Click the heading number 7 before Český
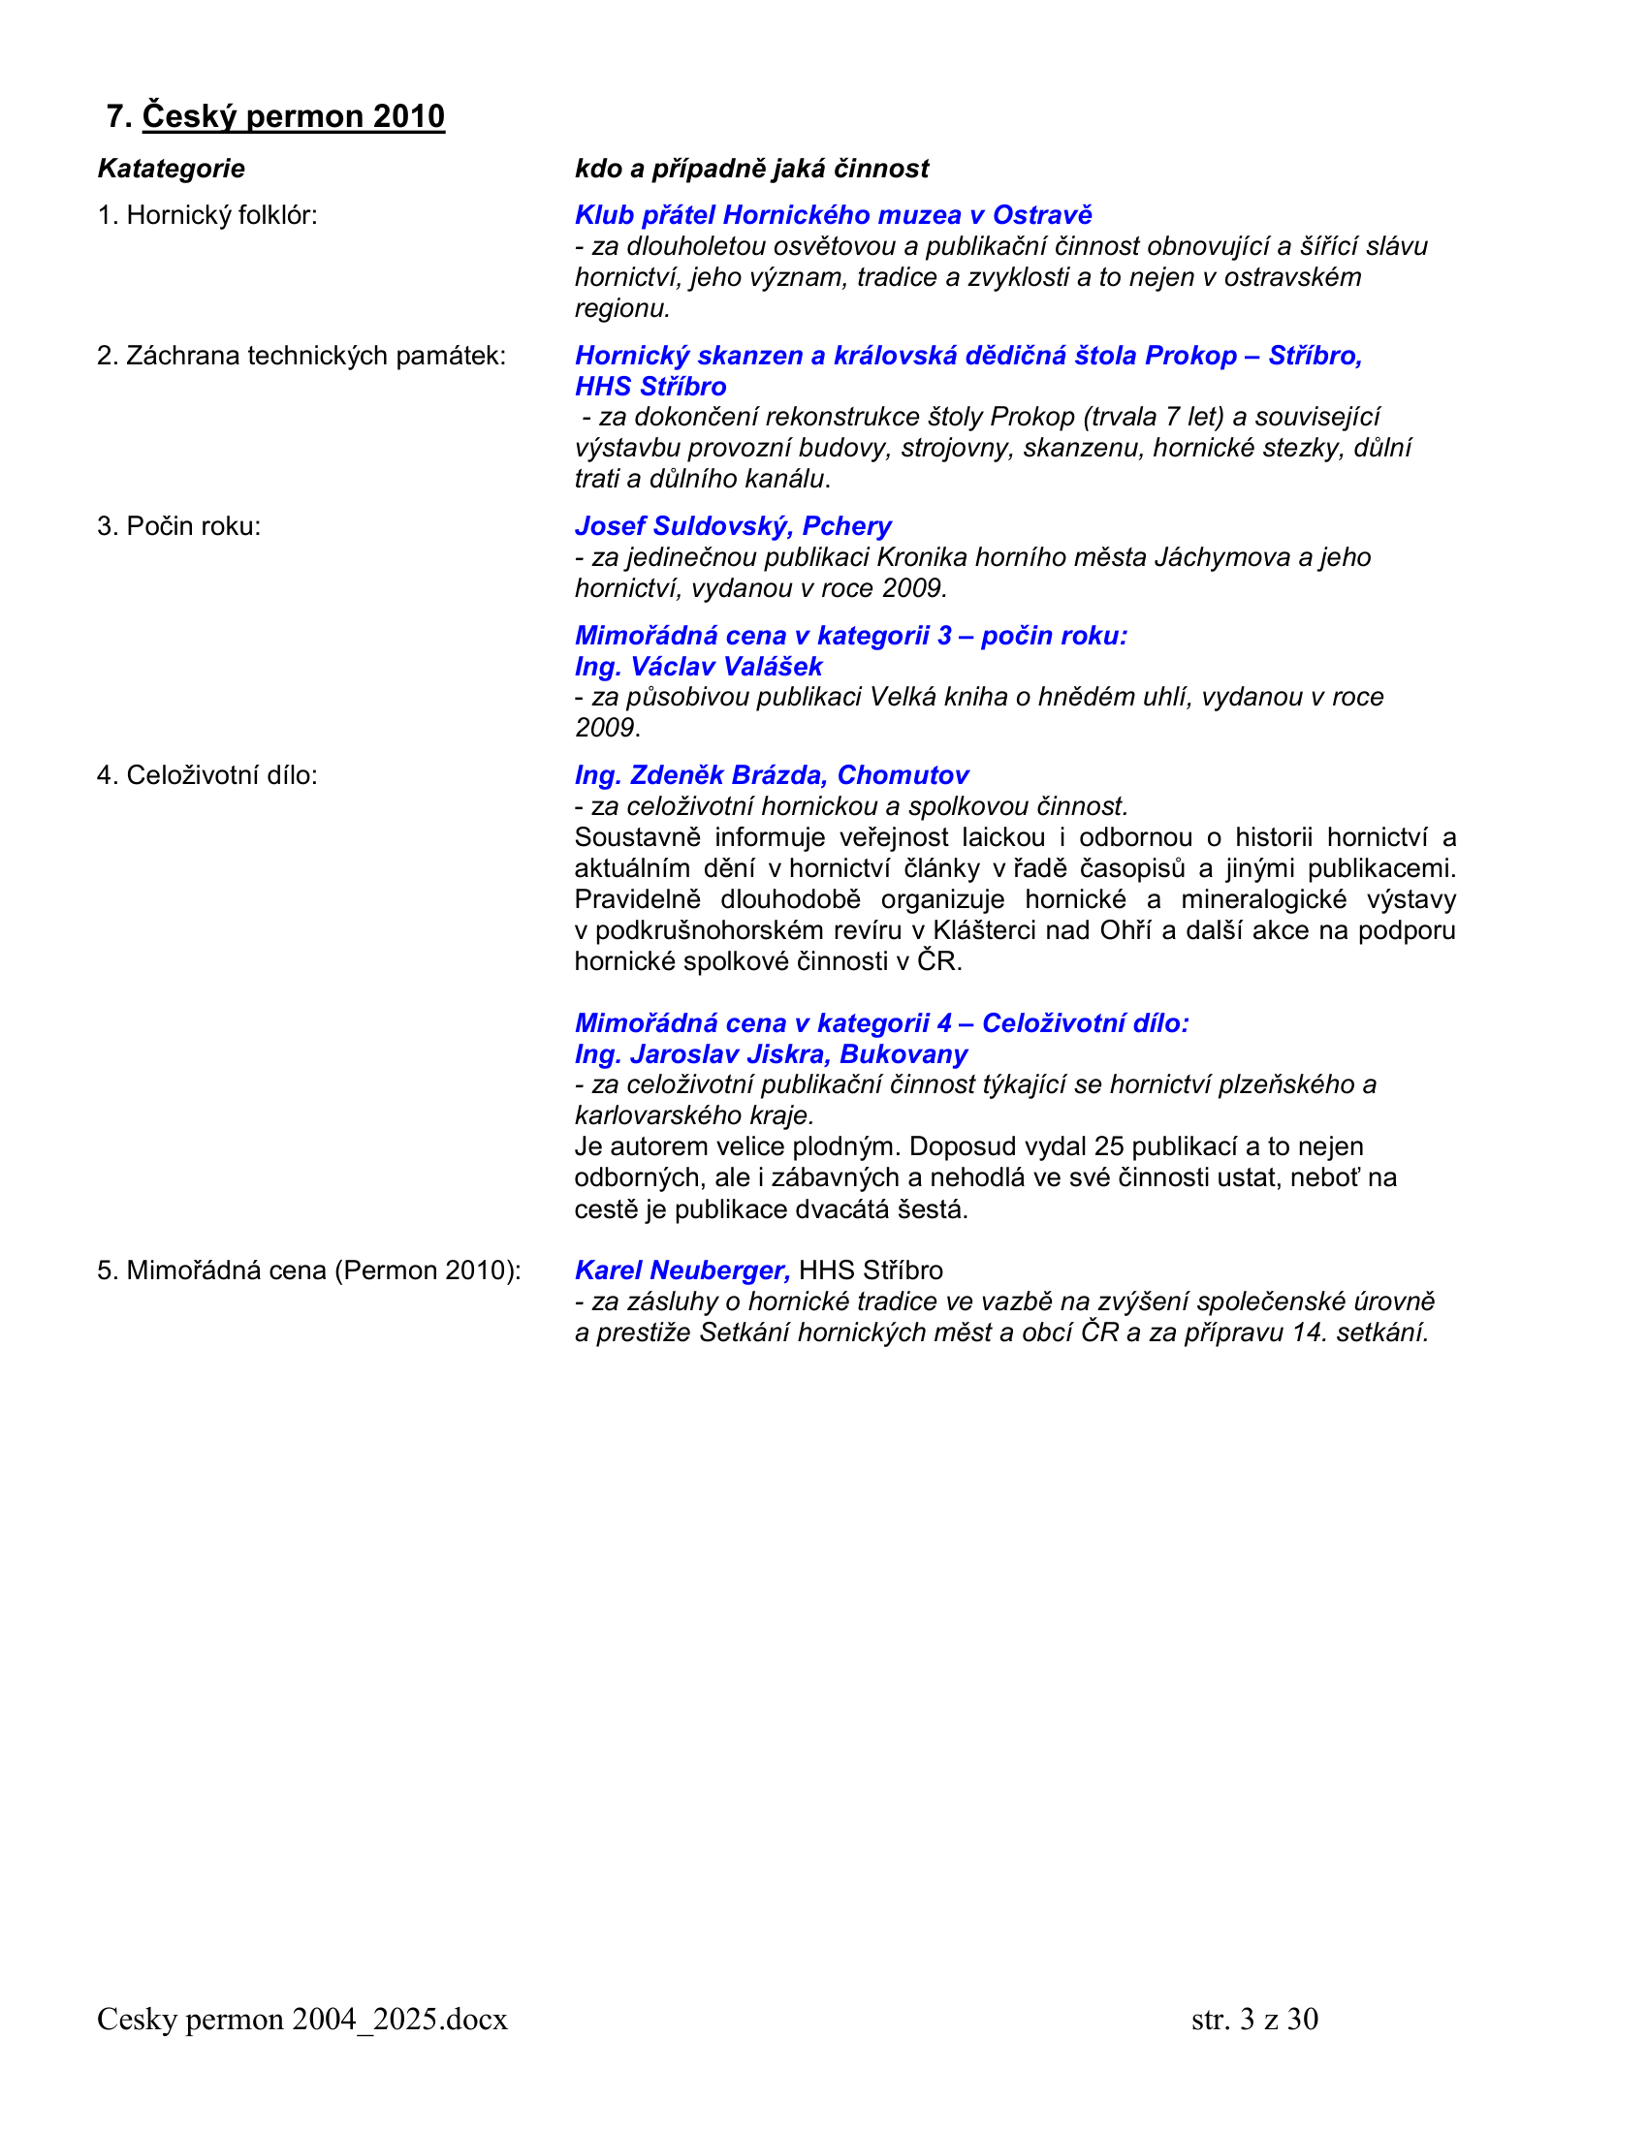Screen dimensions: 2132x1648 117,116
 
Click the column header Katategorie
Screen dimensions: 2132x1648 171,169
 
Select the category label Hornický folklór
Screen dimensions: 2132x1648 207,215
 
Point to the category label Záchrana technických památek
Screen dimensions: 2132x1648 301,356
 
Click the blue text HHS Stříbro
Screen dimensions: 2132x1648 650,387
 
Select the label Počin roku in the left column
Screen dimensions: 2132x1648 178,526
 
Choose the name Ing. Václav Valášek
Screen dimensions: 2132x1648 698,667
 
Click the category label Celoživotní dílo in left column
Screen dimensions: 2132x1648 207,775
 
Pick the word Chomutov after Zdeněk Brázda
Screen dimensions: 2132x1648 903,775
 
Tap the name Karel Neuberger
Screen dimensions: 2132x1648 681,1270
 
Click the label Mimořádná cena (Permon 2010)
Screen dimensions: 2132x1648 308,1270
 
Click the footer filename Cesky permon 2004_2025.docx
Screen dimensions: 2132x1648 302,2019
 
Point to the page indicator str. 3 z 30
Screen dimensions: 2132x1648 1254,2019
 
